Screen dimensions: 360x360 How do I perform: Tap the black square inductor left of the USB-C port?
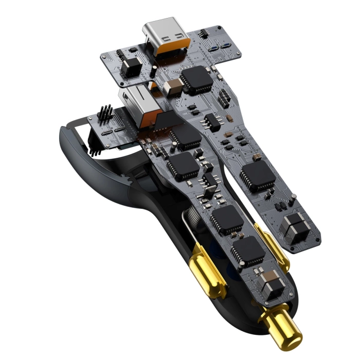tap(132, 67)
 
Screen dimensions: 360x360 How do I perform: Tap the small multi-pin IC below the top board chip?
tap(211, 121)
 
